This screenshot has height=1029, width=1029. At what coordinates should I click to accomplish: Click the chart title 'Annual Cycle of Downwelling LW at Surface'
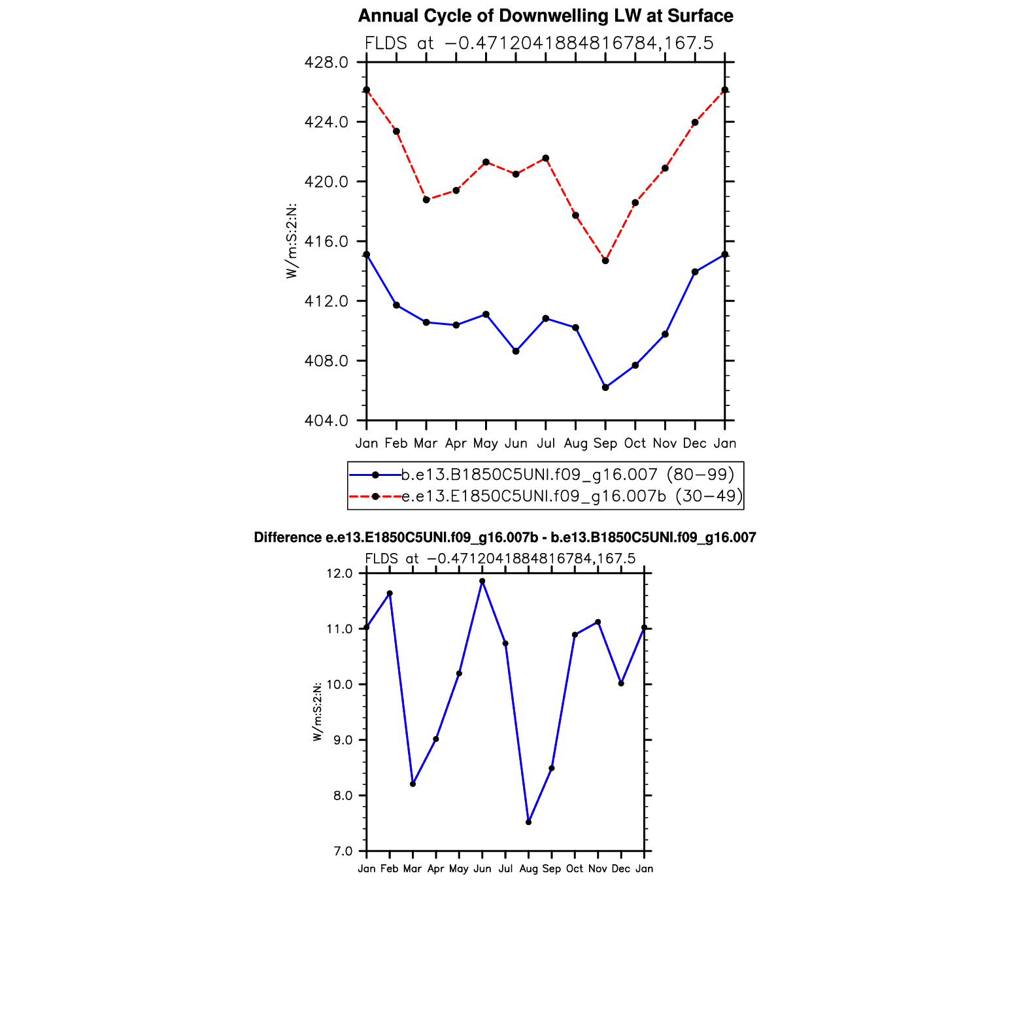pyautogui.click(x=545, y=16)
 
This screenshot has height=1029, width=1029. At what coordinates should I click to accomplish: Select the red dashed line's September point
pyautogui.click(x=605, y=261)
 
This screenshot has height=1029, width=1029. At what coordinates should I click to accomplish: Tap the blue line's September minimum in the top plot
pyautogui.click(x=605, y=388)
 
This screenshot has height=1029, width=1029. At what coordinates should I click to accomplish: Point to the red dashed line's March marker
pyautogui.click(x=426, y=200)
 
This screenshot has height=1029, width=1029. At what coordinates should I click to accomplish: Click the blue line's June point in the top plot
pyautogui.click(x=516, y=351)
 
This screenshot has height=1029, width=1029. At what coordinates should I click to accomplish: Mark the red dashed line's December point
pyautogui.click(x=695, y=122)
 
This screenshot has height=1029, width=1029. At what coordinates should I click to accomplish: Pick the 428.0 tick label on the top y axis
pyautogui.click(x=326, y=63)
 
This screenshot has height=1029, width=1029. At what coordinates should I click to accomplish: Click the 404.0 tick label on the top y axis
pyautogui.click(x=326, y=420)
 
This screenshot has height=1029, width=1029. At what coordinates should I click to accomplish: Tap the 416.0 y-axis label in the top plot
pyautogui.click(x=326, y=242)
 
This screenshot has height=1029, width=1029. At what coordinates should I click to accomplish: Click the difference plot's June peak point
pyautogui.click(x=482, y=581)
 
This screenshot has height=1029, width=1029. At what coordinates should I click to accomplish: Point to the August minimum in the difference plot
pyautogui.click(x=528, y=822)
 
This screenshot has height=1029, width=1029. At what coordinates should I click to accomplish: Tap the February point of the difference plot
pyautogui.click(x=390, y=594)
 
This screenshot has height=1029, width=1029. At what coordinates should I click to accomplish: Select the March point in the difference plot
pyautogui.click(x=413, y=784)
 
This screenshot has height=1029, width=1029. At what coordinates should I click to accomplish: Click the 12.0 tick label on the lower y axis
pyautogui.click(x=340, y=574)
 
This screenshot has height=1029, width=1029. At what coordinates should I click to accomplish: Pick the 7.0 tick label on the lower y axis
pyautogui.click(x=343, y=851)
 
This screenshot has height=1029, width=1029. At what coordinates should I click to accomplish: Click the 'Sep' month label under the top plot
pyautogui.click(x=605, y=444)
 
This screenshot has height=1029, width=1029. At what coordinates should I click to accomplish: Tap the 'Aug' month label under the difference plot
pyautogui.click(x=528, y=869)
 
